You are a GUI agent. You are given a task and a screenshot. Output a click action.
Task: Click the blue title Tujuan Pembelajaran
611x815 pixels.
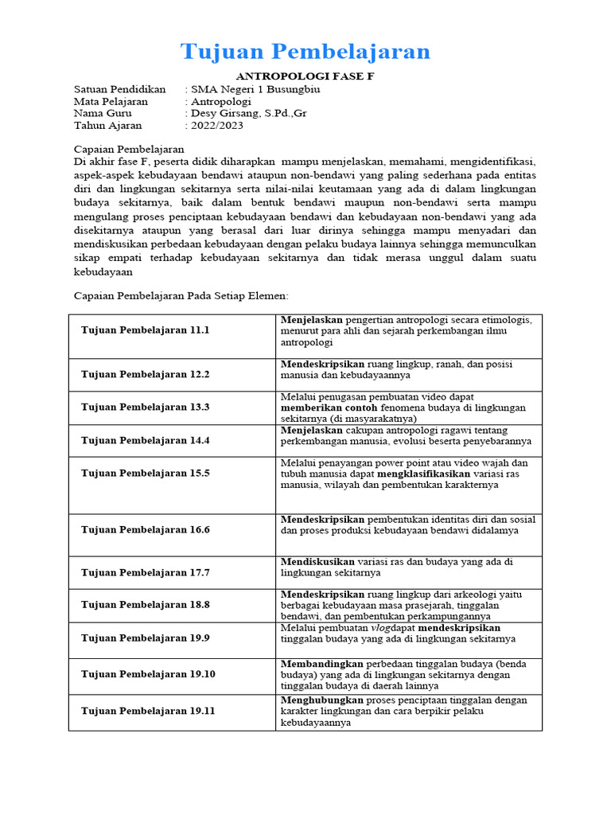tap(305, 51)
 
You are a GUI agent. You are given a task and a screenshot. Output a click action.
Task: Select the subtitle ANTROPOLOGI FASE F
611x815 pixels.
tap(306, 76)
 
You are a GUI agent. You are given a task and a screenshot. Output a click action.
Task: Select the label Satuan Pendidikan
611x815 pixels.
tap(119, 89)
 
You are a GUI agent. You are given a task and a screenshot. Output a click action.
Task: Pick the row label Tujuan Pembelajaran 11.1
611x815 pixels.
tap(145, 330)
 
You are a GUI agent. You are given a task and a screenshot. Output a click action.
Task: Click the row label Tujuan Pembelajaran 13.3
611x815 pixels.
tap(145, 407)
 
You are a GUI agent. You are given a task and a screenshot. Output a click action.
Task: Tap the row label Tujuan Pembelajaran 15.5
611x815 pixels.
tap(145, 473)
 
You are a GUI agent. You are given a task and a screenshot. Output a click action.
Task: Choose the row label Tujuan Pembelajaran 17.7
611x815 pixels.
tap(145, 572)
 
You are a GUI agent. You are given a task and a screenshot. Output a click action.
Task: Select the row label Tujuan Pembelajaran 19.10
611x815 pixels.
tap(148, 674)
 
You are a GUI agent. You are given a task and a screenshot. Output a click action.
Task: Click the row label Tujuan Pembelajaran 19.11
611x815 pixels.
tap(148, 711)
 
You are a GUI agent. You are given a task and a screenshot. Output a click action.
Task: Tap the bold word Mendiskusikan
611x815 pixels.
tap(318, 561)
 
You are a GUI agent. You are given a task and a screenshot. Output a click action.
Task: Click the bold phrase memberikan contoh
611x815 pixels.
tap(328, 407)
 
